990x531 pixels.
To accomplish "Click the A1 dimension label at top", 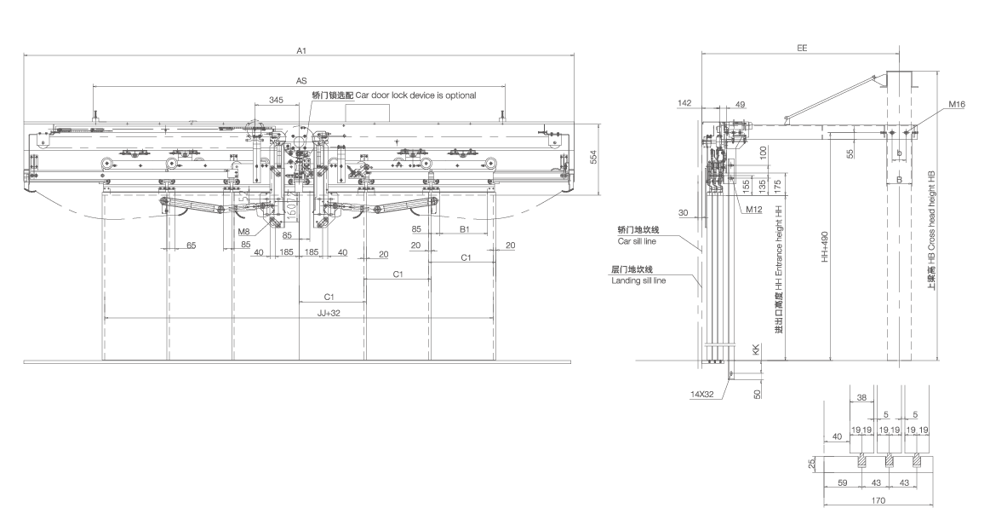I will tap(300, 51).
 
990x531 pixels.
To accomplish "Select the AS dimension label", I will tap(300, 80).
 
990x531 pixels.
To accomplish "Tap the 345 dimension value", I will tap(276, 100).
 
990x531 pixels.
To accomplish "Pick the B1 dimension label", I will tap(466, 229).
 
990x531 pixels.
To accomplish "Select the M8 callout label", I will tap(244, 231).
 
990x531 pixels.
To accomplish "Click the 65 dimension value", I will tap(191, 245).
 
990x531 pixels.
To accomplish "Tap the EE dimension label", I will tap(802, 49).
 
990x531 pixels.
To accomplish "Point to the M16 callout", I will tap(956, 106).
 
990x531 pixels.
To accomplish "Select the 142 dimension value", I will tap(684, 103).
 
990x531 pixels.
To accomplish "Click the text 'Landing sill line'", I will tap(638, 280).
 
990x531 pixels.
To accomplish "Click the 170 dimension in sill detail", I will tap(878, 501).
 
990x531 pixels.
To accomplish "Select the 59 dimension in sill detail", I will tap(842, 483).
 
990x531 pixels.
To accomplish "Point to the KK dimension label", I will tap(754, 350).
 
